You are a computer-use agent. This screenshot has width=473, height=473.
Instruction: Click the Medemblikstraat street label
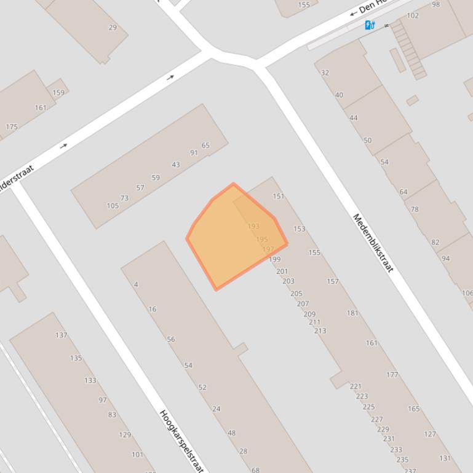[x=373, y=243]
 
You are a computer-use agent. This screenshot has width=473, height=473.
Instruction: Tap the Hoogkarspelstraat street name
[x=181, y=440]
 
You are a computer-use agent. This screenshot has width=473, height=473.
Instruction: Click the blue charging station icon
[x=370, y=25]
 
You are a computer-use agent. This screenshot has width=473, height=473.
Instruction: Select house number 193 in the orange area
[x=253, y=226]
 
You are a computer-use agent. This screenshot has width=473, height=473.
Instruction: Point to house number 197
[x=268, y=249]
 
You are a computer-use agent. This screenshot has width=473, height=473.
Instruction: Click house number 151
[x=279, y=196]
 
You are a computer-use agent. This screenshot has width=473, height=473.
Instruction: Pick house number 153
[x=299, y=229]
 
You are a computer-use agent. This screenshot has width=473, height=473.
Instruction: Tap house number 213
[x=320, y=330]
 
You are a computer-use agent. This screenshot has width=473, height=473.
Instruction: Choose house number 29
[x=113, y=27]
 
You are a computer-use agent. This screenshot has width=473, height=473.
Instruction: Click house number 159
[x=58, y=93]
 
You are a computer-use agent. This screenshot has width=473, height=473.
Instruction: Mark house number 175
[x=12, y=127]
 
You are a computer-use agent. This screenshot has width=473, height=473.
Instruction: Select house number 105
[x=113, y=206]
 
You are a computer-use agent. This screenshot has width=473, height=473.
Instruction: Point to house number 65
[x=205, y=146]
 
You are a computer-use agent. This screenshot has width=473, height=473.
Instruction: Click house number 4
[x=136, y=284]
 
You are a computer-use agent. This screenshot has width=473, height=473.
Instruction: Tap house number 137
[x=62, y=335]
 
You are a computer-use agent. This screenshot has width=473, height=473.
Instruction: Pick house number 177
[x=392, y=374]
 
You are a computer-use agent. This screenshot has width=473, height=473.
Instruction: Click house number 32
[x=325, y=72]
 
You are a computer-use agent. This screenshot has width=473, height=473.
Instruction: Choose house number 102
[x=413, y=15]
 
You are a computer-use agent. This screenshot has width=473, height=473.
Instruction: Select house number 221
[x=356, y=386]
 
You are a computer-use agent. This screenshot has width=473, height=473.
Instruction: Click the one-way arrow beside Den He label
[x=353, y=13]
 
